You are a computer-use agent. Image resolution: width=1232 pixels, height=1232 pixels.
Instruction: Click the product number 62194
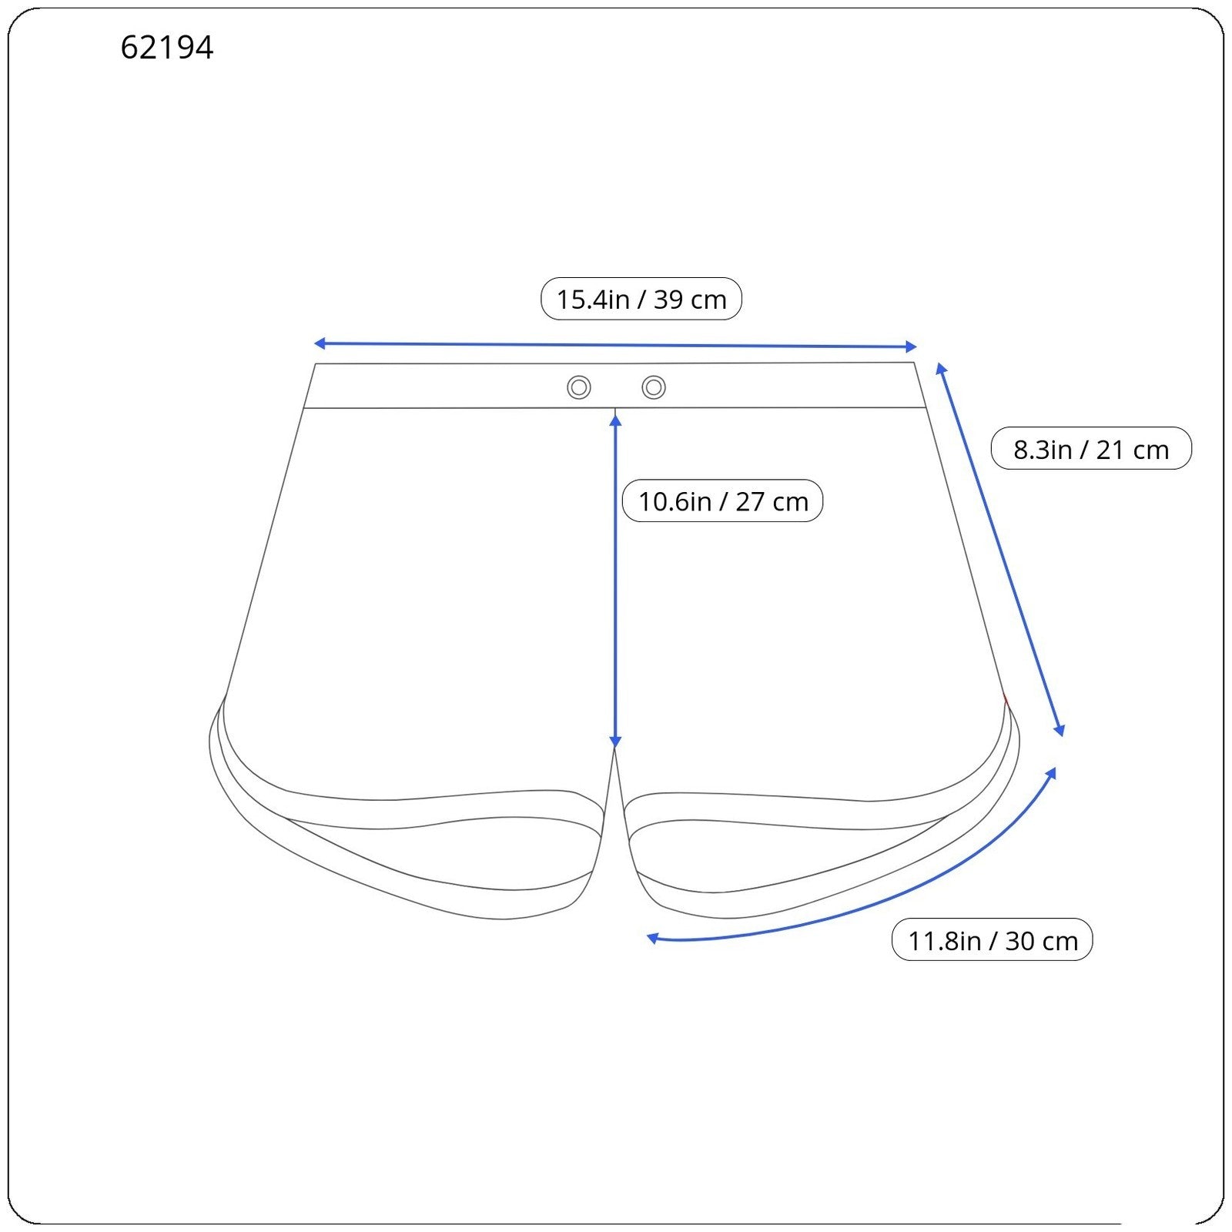tap(166, 48)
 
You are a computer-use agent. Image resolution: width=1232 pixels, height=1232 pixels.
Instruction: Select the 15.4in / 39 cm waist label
tap(641, 300)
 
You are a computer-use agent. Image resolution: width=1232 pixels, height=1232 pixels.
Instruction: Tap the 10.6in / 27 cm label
tap(722, 501)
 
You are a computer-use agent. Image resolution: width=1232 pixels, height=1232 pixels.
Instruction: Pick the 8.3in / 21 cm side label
tap(1090, 449)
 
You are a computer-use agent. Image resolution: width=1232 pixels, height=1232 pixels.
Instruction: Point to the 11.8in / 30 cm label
tap(992, 940)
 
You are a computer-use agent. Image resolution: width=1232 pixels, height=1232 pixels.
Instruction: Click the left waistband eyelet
tap(579, 387)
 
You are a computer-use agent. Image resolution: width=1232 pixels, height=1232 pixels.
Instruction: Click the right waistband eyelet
tap(654, 387)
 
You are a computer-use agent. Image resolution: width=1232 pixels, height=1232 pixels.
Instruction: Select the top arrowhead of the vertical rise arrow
tap(615, 420)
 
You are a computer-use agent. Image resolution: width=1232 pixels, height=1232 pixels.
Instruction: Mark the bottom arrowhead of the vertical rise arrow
tap(615, 742)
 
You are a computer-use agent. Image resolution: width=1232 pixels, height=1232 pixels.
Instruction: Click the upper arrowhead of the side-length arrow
tap(941, 369)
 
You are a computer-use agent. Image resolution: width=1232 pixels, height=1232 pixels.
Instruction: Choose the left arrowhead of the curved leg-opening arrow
tap(652, 938)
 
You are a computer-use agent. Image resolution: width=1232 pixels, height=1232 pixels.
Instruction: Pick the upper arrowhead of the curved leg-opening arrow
tap(1052, 772)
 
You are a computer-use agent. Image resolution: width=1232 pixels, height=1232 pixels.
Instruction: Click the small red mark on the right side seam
tap(1006, 699)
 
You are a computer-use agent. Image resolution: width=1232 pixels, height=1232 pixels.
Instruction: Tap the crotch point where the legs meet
tap(614, 751)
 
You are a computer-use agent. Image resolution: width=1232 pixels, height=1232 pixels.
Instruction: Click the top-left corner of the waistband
tap(316, 364)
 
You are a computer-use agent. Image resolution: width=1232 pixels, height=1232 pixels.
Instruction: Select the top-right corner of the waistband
tap(914, 363)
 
